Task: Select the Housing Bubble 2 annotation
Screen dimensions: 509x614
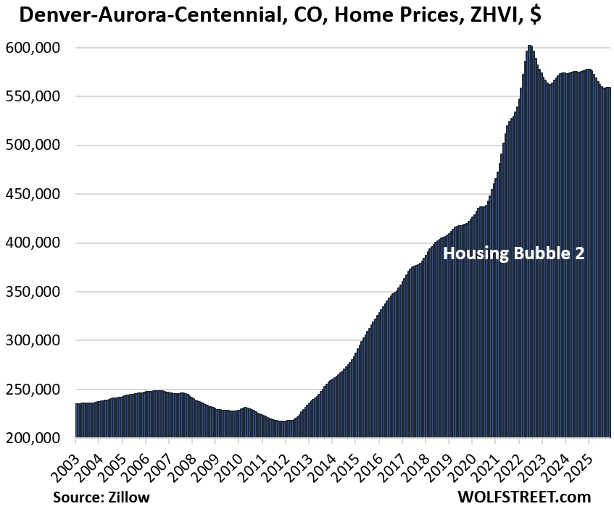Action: (x=513, y=253)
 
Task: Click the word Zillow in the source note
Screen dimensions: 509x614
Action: (x=130, y=497)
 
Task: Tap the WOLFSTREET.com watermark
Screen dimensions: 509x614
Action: (x=524, y=497)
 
